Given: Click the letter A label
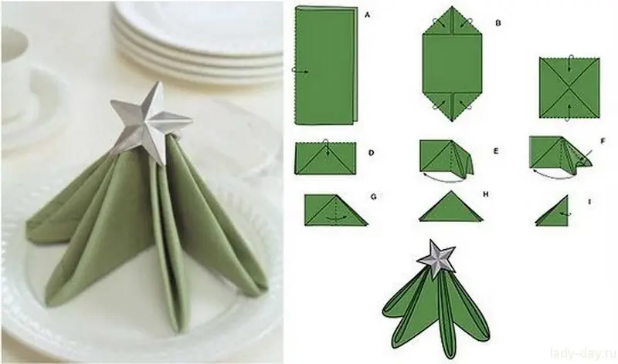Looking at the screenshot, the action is tap(368, 15).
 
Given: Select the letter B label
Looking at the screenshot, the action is tap(497, 23).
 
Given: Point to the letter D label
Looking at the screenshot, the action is tap(371, 153).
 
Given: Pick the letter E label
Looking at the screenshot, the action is tap(496, 150).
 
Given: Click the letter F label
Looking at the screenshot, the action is tap(603, 141).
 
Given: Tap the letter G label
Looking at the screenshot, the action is tap(373, 197).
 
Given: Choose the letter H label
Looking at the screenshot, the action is tap(486, 194).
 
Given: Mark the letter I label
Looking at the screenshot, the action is tap(589, 202).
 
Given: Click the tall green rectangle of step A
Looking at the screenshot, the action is tap(326, 66).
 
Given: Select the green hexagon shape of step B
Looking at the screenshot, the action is tap(452, 63).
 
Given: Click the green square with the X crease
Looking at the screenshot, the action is tap(569, 88).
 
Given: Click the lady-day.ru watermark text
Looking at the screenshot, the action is tap(583, 354).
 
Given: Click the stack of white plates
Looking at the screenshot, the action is tap(197, 39).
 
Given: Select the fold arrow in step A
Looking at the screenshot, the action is tap(301, 70).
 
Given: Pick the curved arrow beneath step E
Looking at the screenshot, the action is tap(443, 178).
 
